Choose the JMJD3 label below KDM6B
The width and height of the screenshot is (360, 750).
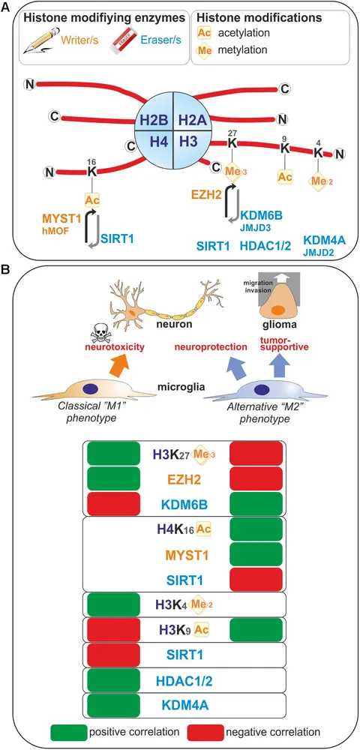(256, 226)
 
